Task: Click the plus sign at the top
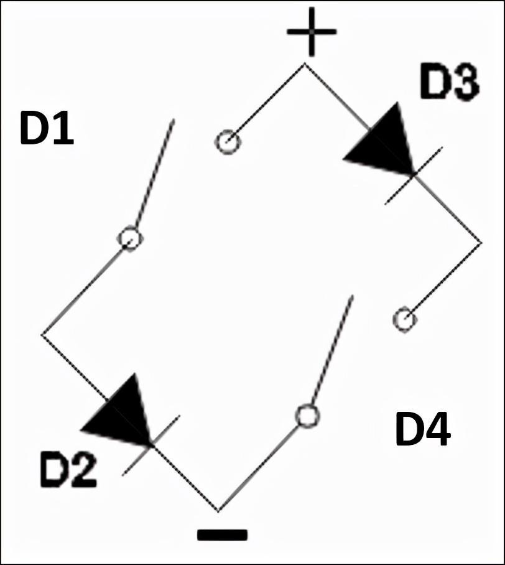point(311,32)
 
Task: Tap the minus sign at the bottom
point(222,535)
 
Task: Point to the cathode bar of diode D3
point(414,175)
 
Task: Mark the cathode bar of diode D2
point(151,446)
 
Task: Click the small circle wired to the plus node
point(227,142)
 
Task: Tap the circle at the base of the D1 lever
point(130,238)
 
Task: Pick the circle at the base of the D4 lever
point(307,416)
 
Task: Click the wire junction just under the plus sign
point(304,63)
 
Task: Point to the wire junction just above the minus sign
point(218,511)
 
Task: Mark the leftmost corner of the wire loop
point(42,335)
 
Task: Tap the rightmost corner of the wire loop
point(481,243)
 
